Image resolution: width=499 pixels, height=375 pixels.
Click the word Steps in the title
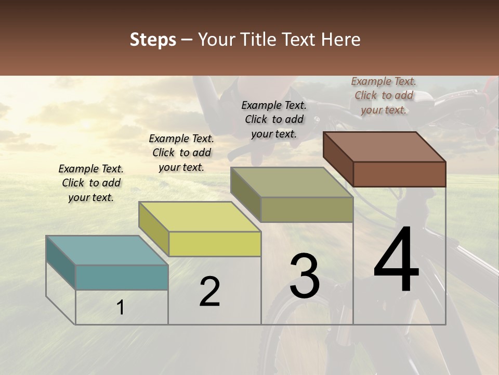click(153, 40)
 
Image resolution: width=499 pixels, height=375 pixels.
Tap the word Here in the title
click(340, 40)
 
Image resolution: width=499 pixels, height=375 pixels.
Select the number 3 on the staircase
click(304, 276)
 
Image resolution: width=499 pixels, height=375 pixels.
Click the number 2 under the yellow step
click(209, 292)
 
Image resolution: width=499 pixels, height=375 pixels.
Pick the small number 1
click(120, 308)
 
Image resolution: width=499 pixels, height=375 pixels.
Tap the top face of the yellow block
click(199, 216)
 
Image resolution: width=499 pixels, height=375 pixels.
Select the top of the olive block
click(292, 182)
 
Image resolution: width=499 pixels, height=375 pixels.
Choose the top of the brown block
click(384, 146)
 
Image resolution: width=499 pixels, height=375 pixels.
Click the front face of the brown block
click(399, 174)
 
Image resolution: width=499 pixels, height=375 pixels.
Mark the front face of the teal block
click(122, 277)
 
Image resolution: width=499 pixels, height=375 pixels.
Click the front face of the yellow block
click(215, 244)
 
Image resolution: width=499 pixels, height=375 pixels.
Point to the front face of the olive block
click(307, 210)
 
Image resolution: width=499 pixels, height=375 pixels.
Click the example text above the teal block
click(91, 183)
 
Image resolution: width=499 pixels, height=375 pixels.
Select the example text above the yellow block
click(181, 153)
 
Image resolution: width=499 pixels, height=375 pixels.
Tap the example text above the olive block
click(274, 119)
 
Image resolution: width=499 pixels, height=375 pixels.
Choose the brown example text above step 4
click(384, 95)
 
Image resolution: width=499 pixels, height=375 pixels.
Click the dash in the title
click(187, 40)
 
